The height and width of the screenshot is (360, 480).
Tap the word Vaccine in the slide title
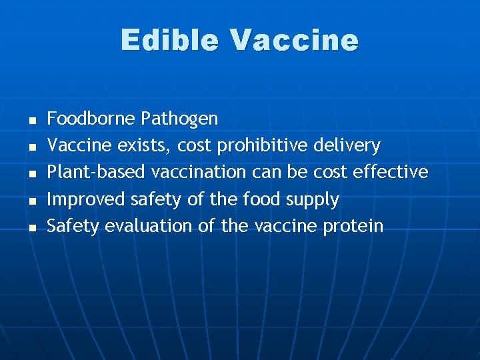[295, 40]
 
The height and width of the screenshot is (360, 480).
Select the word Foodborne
[91, 119]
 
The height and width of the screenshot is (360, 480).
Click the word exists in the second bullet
[145, 145]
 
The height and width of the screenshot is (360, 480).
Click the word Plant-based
[97, 172]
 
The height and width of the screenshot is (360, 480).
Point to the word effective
[390, 172]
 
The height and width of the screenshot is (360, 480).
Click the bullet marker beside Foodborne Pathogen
[31, 121]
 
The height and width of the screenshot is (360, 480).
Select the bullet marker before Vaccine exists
[31, 147]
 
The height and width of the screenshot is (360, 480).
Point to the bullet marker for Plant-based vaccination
[31, 174]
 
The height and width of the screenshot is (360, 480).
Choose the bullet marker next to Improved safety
[31, 201]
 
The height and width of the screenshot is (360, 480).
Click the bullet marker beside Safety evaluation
[31, 227]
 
